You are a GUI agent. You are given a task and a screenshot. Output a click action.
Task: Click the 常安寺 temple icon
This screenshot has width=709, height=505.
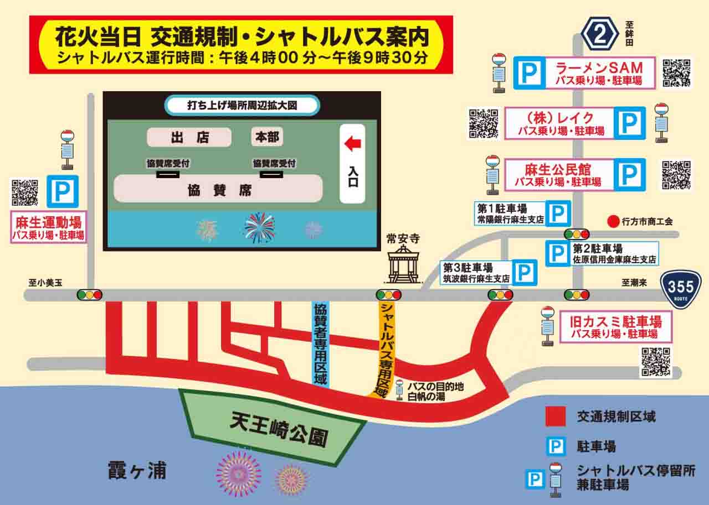(x=403, y=264)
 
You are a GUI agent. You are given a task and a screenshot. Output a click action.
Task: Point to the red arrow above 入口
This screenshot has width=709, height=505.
(x=353, y=144)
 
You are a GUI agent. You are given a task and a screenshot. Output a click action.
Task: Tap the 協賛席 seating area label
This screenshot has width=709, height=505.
(x=218, y=190)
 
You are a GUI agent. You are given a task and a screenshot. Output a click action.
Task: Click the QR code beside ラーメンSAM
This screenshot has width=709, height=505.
(x=677, y=72)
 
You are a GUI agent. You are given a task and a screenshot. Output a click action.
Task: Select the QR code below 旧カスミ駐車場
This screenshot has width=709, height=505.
(x=655, y=362)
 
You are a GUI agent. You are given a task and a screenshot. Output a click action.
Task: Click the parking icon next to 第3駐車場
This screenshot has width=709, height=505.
(x=523, y=272)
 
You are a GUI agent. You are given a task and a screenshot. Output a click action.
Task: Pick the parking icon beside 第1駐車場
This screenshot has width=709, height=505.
(x=558, y=214)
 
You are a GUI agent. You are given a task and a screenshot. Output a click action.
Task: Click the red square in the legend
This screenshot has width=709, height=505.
(x=556, y=417)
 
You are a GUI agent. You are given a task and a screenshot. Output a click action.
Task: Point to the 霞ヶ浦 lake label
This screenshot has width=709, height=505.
(x=137, y=471)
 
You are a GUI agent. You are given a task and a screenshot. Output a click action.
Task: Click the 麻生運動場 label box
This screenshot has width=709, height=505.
(x=48, y=228)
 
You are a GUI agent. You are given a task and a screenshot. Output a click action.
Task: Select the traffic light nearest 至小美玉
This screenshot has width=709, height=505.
(x=90, y=295)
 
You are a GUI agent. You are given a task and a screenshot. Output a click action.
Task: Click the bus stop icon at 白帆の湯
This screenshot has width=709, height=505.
(x=399, y=389)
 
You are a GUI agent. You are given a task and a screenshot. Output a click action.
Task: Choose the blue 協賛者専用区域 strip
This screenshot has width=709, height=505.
(x=321, y=343)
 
